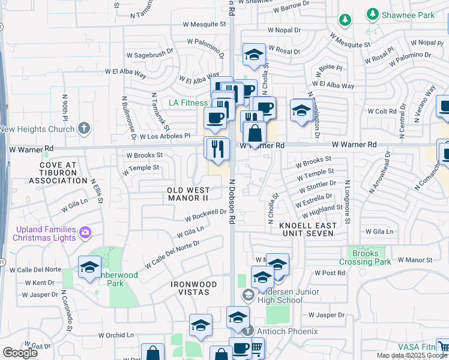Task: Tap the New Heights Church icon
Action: [84, 128]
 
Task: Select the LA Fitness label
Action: [188, 103]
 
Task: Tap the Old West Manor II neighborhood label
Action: [188, 193]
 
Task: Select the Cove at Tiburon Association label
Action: [59, 173]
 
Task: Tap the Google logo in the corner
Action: [20, 353]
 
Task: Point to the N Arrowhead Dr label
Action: [380, 176]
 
